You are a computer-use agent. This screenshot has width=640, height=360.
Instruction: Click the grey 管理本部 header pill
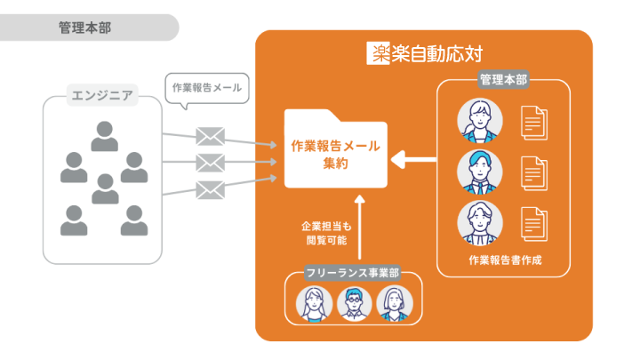click(x=88, y=28)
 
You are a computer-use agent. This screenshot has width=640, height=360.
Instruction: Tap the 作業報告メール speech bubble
click(x=207, y=89)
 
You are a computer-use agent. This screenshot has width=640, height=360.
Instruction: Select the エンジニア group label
click(x=102, y=95)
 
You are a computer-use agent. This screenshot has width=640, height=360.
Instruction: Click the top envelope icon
click(x=210, y=136)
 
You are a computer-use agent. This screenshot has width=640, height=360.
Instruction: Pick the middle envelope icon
click(x=210, y=163)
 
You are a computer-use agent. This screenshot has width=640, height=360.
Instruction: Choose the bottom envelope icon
click(x=210, y=190)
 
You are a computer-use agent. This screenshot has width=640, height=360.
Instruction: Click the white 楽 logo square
click(x=379, y=53)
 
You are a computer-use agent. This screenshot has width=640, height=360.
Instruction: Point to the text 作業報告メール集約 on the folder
click(x=335, y=155)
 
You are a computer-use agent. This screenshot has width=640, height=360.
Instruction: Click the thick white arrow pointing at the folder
click(x=413, y=160)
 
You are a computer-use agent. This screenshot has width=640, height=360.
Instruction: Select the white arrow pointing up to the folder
click(x=360, y=227)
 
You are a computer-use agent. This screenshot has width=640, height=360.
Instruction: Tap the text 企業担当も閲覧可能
click(x=326, y=233)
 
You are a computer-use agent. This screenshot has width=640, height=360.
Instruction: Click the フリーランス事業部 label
click(x=353, y=273)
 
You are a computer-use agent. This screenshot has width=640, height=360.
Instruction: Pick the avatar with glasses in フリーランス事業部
click(x=354, y=304)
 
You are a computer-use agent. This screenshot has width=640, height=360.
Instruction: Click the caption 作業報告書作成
click(x=505, y=260)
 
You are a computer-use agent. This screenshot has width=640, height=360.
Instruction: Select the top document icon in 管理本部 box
click(x=534, y=123)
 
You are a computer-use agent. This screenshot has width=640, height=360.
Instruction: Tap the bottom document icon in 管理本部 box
click(x=534, y=224)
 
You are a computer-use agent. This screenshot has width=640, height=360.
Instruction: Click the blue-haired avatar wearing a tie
click(x=480, y=172)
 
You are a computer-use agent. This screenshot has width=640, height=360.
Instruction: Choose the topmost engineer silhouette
click(x=105, y=136)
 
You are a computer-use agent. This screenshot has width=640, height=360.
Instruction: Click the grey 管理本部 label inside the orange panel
click(x=503, y=80)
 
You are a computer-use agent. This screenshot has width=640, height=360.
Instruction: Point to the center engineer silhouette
click(x=105, y=188)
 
